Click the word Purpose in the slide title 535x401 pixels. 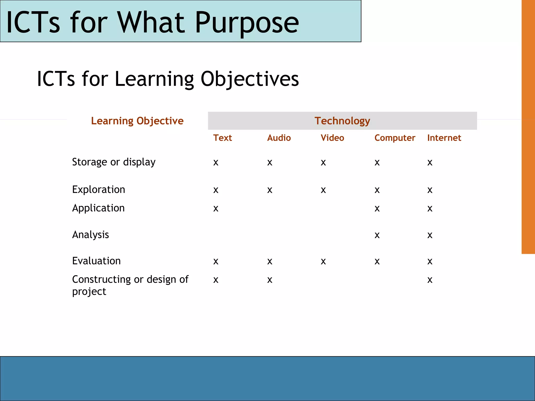(247, 23)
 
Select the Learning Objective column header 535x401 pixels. (137, 121)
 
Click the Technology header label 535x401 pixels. (342, 121)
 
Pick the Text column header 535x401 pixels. (222, 138)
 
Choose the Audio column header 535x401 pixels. (279, 138)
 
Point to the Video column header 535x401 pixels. (332, 138)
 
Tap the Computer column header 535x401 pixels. (394, 138)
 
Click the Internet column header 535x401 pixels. (444, 138)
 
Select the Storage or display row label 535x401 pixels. (114, 162)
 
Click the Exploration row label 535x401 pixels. (98, 190)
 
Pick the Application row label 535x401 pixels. (98, 208)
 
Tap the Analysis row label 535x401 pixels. (90, 235)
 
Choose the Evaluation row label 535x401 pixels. (96, 261)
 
